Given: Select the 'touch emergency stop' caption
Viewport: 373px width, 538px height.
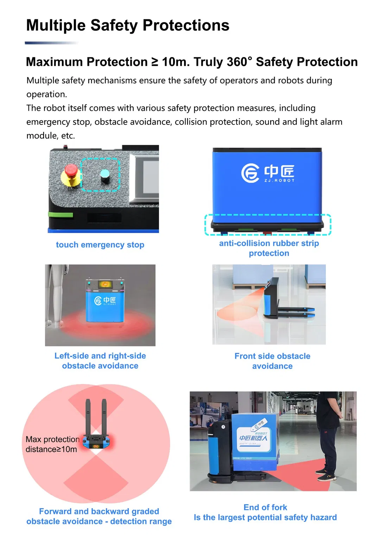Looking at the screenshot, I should pyautogui.click(x=100, y=245).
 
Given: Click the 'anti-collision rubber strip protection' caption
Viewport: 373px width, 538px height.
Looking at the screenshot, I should pyautogui.click(x=269, y=248).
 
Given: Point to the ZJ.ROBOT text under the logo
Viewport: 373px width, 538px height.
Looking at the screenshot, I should pyautogui.click(x=279, y=180).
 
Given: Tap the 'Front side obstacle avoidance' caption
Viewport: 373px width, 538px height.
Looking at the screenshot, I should pyautogui.click(x=272, y=361).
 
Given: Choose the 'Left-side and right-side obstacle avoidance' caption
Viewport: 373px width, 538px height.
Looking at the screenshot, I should pyautogui.click(x=100, y=361).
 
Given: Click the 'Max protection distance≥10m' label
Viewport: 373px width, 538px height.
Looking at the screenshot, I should pyautogui.click(x=52, y=444).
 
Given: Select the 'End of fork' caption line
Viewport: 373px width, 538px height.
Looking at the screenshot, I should pyautogui.click(x=265, y=507).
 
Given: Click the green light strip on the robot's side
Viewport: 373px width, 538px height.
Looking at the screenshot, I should pyautogui.click(x=61, y=214).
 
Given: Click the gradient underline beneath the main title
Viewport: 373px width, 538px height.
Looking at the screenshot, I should pyautogui.click(x=51, y=43).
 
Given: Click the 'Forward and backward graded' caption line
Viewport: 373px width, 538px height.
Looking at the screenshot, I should pyautogui.click(x=99, y=511).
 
